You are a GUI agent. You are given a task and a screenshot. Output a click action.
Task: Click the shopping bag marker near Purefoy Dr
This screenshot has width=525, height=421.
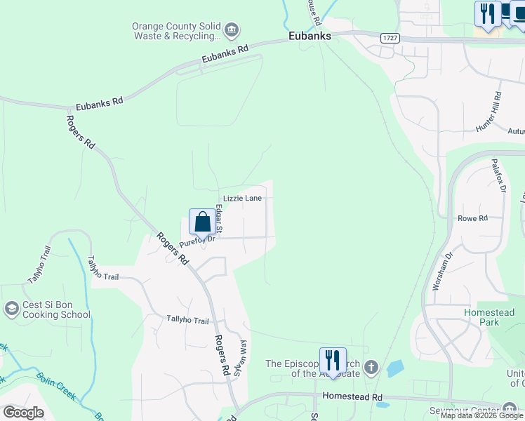click(x=202, y=222)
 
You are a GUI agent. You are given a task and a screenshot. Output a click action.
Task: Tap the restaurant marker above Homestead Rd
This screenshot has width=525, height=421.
click(x=333, y=361)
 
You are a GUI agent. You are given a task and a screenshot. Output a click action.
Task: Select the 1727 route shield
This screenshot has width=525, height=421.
click(x=391, y=36)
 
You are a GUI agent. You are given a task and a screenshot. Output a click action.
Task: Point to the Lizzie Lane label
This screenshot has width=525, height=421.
click(x=242, y=199)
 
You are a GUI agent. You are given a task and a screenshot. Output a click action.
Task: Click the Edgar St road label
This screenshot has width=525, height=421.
click(x=218, y=218)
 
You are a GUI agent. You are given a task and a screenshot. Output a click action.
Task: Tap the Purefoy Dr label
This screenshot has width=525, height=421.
click(x=195, y=242)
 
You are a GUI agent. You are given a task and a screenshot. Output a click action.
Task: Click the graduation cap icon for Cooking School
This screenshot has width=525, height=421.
click(x=11, y=309)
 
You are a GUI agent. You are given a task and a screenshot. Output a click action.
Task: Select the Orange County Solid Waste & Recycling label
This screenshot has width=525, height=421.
click(x=176, y=32)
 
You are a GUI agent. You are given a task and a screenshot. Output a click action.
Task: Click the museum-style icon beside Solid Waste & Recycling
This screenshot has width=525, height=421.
click(x=232, y=31)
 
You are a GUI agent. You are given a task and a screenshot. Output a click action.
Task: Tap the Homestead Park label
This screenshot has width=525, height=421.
click(x=489, y=317)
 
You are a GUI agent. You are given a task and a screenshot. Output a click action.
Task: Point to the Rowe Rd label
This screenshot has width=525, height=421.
click(x=472, y=218)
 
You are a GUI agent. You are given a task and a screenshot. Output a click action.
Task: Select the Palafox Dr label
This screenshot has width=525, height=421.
click(x=498, y=175)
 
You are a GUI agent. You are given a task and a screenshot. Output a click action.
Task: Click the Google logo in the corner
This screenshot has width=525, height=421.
click(x=23, y=412)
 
